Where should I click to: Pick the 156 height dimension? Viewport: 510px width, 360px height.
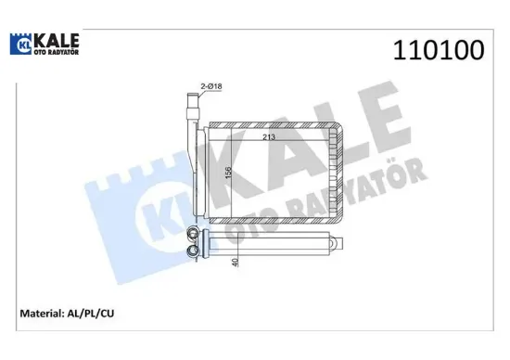click(x=228, y=174)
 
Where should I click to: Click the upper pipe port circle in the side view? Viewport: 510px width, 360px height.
click(x=194, y=235)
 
